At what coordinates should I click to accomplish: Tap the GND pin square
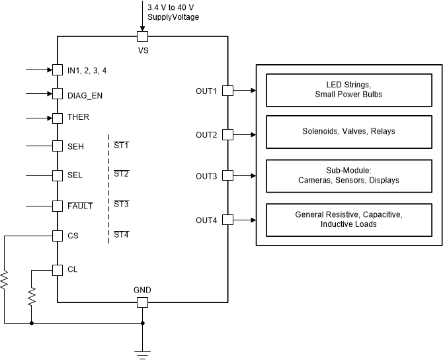coord(142,302)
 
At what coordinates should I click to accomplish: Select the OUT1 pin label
coord(206,91)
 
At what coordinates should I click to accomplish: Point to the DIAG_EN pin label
coord(85,95)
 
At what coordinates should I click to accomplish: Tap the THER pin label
coord(78,117)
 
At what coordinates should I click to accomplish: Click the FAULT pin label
coord(80,206)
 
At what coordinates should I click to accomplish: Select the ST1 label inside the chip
coord(121,145)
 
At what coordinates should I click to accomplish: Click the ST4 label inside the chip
coord(121,234)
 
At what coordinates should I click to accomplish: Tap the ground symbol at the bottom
coord(142,353)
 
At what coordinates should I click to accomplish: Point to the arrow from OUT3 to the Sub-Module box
coord(245,175)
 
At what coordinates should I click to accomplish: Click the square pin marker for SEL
coord(57,175)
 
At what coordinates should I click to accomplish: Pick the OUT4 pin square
coord(227,220)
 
